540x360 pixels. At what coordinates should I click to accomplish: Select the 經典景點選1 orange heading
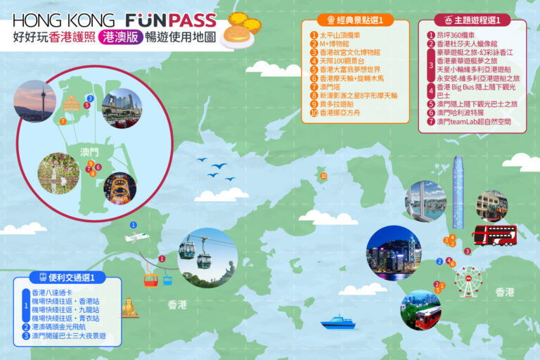[355, 20]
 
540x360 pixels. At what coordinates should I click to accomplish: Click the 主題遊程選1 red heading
[472, 20]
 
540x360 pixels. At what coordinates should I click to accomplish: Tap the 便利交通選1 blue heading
[67, 277]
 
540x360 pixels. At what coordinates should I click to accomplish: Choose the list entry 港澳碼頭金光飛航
[63, 327]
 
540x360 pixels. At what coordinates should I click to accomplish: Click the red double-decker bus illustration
[494, 235]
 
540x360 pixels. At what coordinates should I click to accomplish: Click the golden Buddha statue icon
[129, 307]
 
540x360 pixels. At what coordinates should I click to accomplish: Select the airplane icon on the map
[138, 238]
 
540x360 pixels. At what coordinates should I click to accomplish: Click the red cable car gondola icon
[150, 279]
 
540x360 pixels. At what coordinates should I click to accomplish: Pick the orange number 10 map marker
[323, 176]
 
